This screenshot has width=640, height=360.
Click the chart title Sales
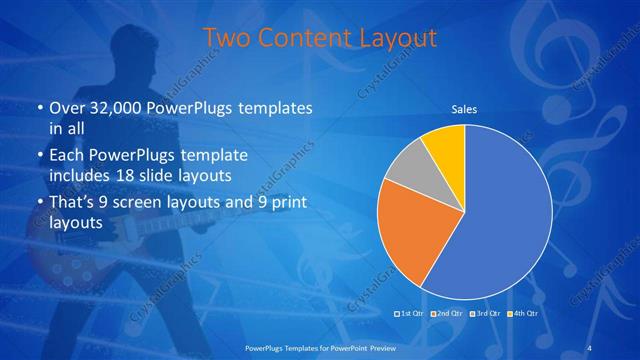click(x=464, y=109)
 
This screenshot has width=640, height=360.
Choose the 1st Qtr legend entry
click(x=411, y=314)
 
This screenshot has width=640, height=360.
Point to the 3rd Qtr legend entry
click(x=487, y=314)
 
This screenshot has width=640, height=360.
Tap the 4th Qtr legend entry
click(x=525, y=314)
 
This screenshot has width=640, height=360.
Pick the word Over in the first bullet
click(x=66, y=107)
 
